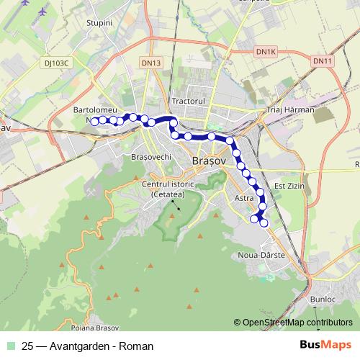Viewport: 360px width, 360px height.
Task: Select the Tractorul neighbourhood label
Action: pos(189,101)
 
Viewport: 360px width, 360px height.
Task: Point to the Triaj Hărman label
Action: pos(291,109)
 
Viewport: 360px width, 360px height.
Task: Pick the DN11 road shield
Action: pos(322,62)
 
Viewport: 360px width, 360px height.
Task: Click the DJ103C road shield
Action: pos(55,63)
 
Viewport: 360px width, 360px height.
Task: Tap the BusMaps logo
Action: pos(328,345)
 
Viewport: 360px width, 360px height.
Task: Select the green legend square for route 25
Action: pos(12,346)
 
